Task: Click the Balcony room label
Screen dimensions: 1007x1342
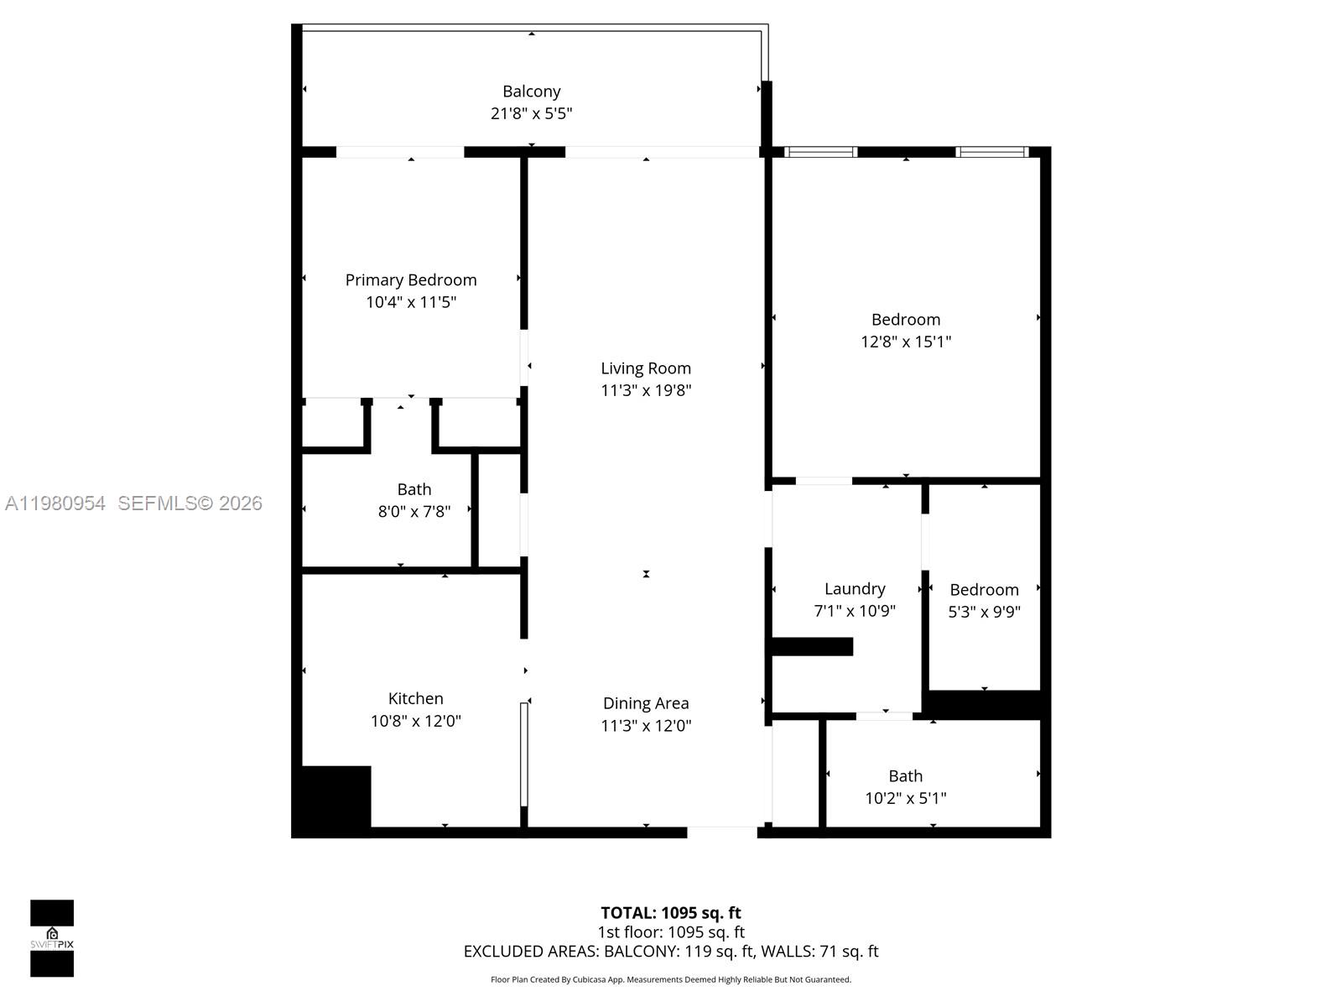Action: click(x=531, y=91)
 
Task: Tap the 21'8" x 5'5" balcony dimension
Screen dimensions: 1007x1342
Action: click(x=531, y=113)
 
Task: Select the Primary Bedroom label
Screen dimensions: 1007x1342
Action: click(x=410, y=280)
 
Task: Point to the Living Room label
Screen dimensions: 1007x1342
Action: click(x=645, y=368)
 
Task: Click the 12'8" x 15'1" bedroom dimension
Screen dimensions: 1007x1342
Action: click(x=905, y=342)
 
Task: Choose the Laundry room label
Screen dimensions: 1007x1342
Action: click(x=854, y=589)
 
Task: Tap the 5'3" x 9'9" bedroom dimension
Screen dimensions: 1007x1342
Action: click(x=984, y=612)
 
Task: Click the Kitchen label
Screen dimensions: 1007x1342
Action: click(x=415, y=698)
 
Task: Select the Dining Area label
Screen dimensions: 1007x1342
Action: click(x=645, y=703)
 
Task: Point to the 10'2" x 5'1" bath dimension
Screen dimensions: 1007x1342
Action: click(x=905, y=798)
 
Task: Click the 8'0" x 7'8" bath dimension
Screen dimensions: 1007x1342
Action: click(x=414, y=511)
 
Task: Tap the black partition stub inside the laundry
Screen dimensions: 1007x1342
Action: click(x=811, y=646)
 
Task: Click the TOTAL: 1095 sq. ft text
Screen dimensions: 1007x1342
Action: click(x=670, y=913)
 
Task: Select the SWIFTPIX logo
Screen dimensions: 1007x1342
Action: click(x=52, y=938)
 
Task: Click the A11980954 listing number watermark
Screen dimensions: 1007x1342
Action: click(x=55, y=503)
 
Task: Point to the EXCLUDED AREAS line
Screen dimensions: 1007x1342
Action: click(x=670, y=952)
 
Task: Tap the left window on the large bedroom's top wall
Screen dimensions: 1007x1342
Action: click(x=820, y=152)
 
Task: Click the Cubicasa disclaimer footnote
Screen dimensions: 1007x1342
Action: click(x=670, y=979)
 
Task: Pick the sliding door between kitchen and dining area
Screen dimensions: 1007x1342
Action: click(x=523, y=754)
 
